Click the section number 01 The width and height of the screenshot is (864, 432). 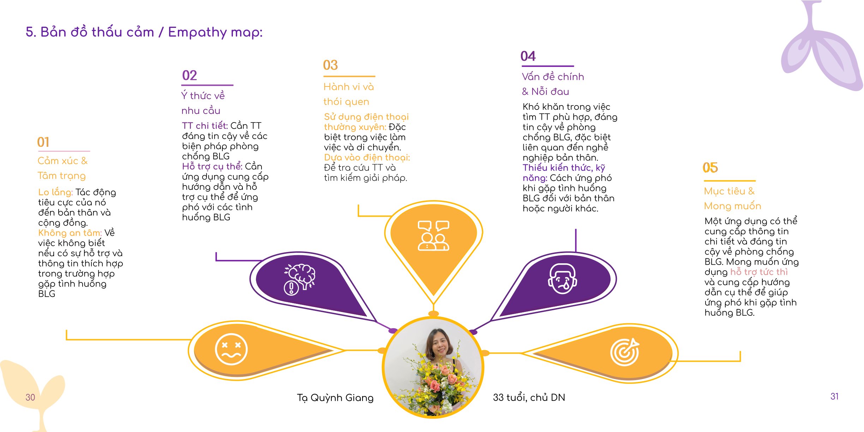pyautogui.click(x=43, y=142)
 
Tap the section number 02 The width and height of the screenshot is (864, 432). pyautogui.click(x=190, y=75)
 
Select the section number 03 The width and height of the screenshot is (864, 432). pyautogui.click(x=330, y=65)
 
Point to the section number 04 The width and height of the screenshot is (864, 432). pyautogui.click(x=528, y=56)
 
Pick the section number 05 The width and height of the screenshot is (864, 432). pyautogui.click(x=710, y=167)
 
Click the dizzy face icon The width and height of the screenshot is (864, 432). pyautogui.click(x=231, y=349)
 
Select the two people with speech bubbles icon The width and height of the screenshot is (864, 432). pyautogui.click(x=433, y=236)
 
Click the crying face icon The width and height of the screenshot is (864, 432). pyautogui.click(x=563, y=279)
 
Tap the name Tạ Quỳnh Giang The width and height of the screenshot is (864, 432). pyautogui.click(x=335, y=398)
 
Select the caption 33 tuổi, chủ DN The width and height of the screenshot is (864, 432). pyautogui.click(x=529, y=397)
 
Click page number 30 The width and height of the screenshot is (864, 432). pyautogui.click(x=30, y=397)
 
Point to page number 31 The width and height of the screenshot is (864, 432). pyautogui.click(x=834, y=396)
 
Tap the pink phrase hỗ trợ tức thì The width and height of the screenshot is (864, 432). pyautogui.click(x=759, y=272)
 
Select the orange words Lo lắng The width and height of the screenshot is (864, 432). pyautogui.click(x=55, y=192)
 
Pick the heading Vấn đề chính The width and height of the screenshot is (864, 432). pyautogui.click(x=553, y=77)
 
